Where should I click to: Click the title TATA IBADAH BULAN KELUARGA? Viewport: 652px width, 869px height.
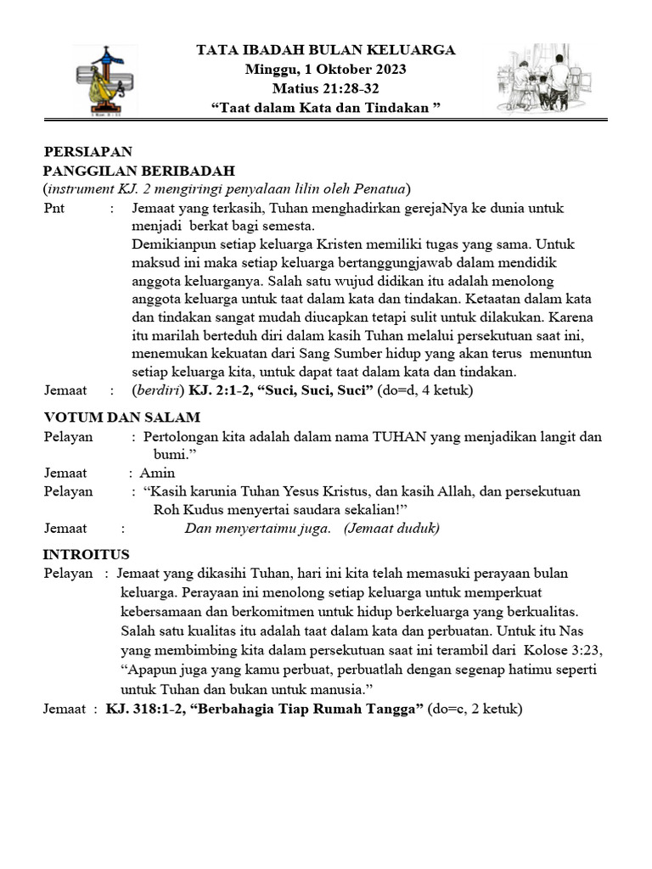326,50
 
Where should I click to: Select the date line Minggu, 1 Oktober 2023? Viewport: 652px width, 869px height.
326,69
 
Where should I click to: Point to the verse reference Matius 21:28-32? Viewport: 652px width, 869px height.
326,87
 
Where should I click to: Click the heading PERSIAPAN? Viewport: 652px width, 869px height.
88,152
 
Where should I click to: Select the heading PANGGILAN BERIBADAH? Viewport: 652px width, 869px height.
138,171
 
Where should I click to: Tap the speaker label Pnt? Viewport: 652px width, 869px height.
54,208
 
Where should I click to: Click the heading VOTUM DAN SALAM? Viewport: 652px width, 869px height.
121,417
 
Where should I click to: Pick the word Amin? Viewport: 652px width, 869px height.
157,473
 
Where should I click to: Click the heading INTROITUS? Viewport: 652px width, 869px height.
86,554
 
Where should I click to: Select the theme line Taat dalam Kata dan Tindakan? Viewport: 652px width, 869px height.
326,106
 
